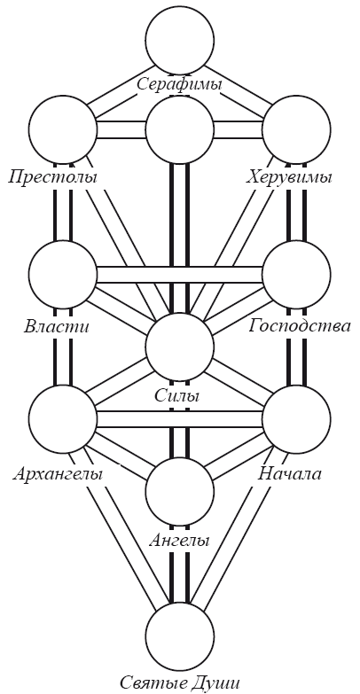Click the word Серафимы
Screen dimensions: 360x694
pos(179,84)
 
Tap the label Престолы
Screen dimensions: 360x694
pos(52,177)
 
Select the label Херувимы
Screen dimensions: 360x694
pos(289,177)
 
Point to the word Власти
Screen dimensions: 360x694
pos(56,327)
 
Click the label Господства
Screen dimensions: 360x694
pos(300,326)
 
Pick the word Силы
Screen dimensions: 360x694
pos(177,394)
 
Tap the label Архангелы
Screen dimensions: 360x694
pos(58,474)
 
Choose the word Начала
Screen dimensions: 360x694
pos(290,473)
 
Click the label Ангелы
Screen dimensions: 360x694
pos(179,540)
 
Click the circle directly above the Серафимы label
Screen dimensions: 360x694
pos(180,40)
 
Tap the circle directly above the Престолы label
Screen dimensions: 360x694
pos(63,129)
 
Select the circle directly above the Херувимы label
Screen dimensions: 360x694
pos(297,129)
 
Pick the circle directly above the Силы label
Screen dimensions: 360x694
pos(180,347)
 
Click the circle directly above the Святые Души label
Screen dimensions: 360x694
pos(180,636)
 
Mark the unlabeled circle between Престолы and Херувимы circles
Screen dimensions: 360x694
pos(180,129)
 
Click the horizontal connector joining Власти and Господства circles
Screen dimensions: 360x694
pos(180,275)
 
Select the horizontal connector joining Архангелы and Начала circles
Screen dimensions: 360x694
pos(180,419)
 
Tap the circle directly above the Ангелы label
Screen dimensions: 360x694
pos(180,492)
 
